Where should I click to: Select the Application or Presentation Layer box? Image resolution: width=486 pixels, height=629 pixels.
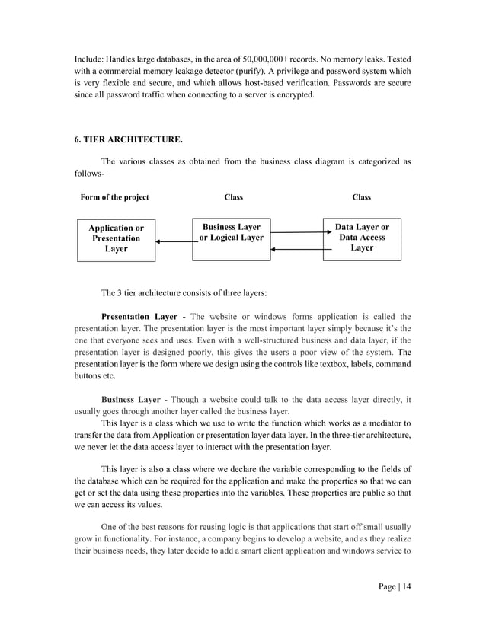click(x=116, y=238)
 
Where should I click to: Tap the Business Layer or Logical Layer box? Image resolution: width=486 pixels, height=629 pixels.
click(x=230, y=238)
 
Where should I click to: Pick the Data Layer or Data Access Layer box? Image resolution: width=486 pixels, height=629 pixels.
click(x=362, y=238)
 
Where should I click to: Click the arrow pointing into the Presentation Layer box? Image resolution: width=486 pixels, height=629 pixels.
click(x=173, y=242)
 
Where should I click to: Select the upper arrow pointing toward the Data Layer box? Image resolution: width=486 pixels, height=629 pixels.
click(x=296, y=232)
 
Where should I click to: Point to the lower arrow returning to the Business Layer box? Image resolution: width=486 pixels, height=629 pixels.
click(x=296, y=249)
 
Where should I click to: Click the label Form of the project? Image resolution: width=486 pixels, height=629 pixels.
click(x=115, y=197)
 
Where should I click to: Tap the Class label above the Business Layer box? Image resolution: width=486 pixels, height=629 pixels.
click(x=233, y=197)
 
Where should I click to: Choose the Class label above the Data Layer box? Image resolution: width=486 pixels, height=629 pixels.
click(x=361, y=197)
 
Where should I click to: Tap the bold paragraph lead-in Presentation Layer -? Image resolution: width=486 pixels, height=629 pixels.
click(x=143, y=317)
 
